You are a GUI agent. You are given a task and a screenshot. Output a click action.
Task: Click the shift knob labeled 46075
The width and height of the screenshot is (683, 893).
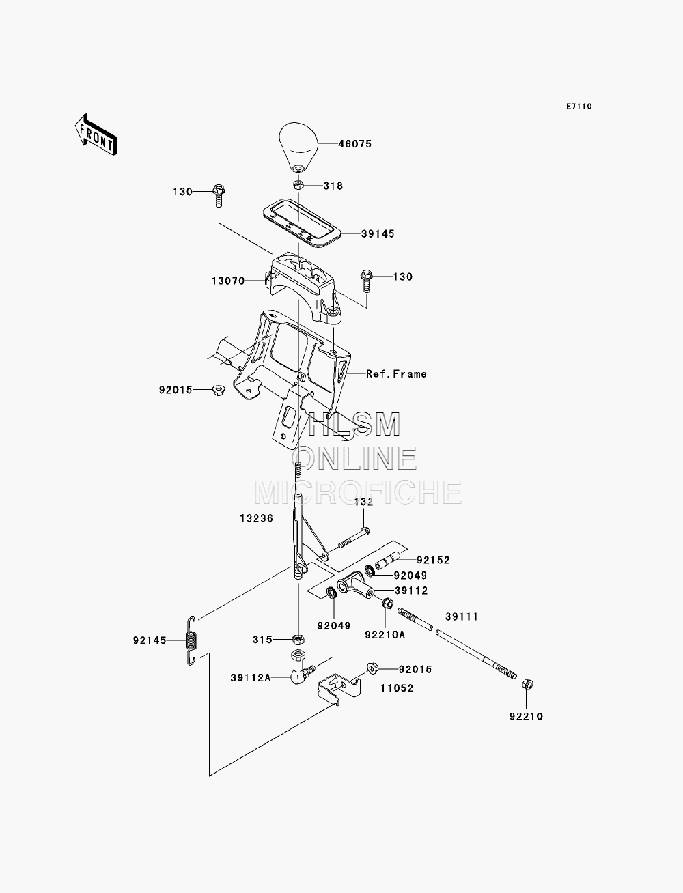(298, 147)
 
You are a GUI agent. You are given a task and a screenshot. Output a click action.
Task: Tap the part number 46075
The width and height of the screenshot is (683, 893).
(355, 144)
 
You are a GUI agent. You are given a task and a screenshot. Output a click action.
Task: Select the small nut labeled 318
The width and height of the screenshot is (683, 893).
(298, 186)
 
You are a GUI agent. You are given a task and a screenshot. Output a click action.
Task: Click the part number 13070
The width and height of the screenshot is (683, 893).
(228, 281)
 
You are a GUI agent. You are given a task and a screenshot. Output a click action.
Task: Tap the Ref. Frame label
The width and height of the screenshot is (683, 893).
(396, 374)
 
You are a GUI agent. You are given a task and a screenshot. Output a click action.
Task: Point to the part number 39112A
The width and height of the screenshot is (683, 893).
(251, 678)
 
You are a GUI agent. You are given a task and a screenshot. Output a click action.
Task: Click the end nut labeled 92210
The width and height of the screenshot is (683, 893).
(527, 683)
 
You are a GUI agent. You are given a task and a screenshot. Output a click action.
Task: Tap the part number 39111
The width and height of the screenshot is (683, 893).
(462, 616)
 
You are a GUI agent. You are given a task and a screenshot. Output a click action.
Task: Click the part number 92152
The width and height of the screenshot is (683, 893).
(434, 561)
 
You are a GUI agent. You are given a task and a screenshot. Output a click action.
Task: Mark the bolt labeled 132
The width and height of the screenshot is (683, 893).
(353, 538)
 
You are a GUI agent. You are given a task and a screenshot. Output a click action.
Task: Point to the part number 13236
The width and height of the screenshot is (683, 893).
(256, 518)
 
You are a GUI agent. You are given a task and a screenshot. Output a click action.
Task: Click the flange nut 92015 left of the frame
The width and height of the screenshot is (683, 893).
(219, 390)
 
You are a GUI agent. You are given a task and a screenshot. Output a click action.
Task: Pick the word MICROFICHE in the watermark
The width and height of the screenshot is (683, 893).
(358, 492)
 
